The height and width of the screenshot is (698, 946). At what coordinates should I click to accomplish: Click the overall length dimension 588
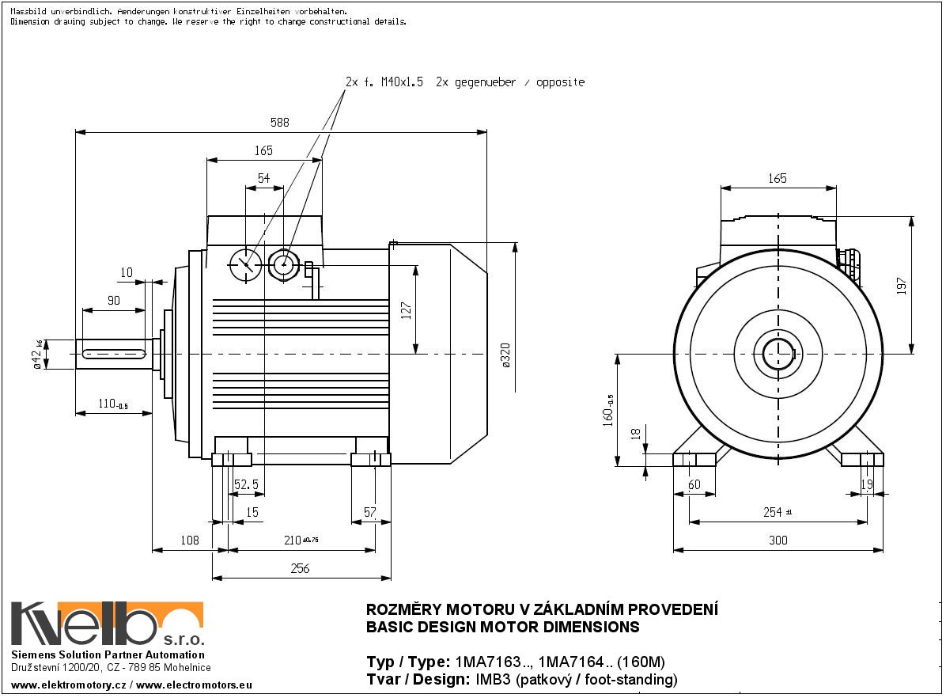tap(280, 123)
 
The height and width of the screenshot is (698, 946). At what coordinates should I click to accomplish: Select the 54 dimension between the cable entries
tap(263, 178)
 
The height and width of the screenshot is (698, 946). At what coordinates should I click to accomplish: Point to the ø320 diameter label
tap(505, 355)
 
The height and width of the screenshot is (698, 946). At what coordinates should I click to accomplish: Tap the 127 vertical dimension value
tap(406, 310)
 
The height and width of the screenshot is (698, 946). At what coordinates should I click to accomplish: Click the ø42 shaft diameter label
tap(37, 355)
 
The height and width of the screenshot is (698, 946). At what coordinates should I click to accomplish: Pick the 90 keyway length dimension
tap(113, 301)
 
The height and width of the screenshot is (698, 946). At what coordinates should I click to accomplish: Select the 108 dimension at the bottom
tap(190, 541)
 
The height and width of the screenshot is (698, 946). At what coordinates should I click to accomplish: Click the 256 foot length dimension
tap(300, 569)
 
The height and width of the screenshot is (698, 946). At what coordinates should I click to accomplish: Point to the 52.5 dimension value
tap(246, 484)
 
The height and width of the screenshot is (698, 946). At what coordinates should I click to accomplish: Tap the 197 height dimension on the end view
tap(902, 286)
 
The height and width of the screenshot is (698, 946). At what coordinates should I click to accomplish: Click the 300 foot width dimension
tap(778, 541)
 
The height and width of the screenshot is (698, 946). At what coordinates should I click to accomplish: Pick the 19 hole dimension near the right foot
tap(867, 484)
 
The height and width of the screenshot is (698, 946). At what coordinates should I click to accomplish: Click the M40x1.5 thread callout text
tap(402, 82)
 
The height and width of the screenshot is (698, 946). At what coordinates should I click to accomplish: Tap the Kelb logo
tap(108, 624)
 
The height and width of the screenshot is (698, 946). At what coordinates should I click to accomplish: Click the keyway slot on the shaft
tap(114, 355)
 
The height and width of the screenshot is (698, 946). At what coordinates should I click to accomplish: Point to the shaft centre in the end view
tap(778, 355)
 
